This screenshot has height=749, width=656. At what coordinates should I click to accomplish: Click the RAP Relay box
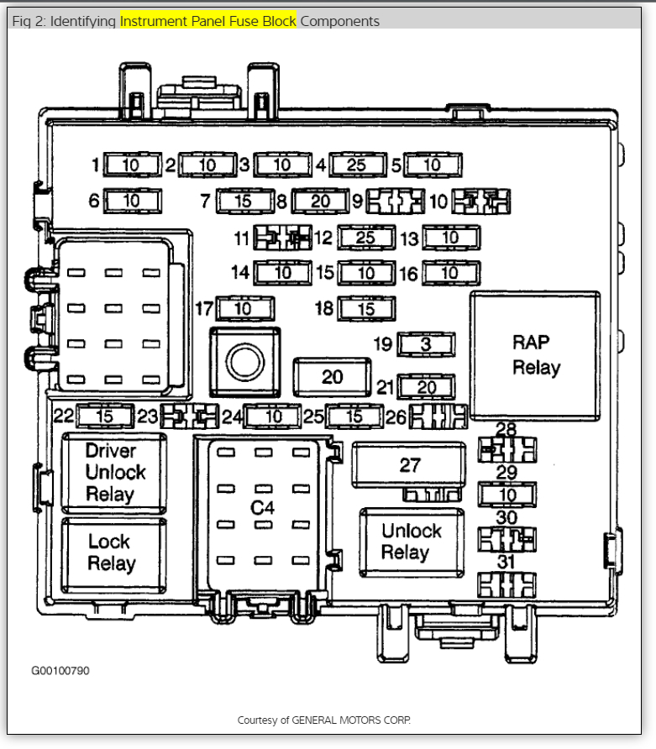pos(535,355)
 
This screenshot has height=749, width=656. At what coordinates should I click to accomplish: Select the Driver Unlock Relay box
pos(110,473)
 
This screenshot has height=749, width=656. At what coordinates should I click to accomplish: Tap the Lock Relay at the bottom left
pos(110,553)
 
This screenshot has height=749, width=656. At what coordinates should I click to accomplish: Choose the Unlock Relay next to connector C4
pos(411,542)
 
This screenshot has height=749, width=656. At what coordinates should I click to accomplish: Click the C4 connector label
pos(262,507)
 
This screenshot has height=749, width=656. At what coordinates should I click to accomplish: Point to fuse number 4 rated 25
pos(357,165)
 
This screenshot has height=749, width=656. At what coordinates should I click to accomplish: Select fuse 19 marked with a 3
pos(426,344)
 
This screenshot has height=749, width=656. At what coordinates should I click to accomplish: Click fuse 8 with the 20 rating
pos(320,202)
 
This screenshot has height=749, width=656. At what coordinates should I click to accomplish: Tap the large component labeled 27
pos(409,464)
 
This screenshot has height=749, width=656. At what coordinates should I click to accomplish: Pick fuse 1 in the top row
pos(130,165)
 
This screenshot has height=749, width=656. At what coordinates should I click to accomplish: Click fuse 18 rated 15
pos(366,309)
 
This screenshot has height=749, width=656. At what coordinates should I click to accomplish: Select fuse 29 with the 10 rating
pos(507,495)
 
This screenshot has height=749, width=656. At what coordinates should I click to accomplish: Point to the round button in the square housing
pos(244,361)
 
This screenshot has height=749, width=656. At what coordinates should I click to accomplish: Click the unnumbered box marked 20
pos(333,377)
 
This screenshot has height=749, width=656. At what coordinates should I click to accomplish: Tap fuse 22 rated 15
pos(105,416)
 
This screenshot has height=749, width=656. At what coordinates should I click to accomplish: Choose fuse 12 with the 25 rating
pos(365,238)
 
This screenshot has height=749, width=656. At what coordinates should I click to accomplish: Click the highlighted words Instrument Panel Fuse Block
pos(207,21)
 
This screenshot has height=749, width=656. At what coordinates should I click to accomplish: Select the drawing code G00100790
pos(60,671)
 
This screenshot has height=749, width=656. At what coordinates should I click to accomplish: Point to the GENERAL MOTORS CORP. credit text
pos(324,720)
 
